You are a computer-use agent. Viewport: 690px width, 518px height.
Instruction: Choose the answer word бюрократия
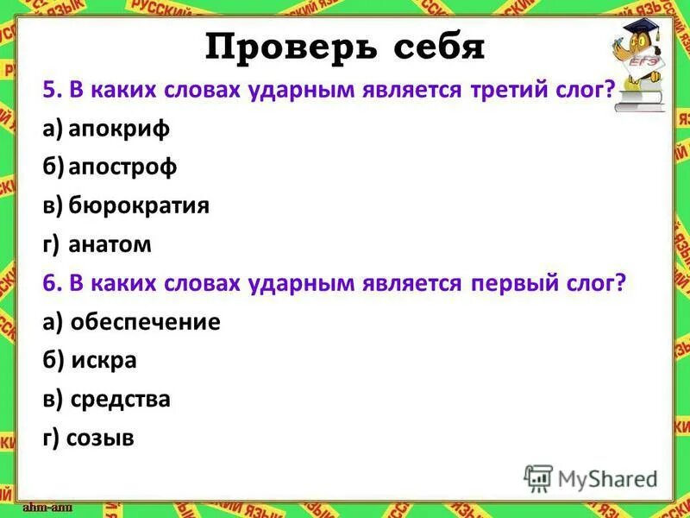pyautogui.click(x=139, y=205)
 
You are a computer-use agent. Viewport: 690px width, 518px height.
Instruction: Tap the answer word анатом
pyautogui.click(x=110, y=244)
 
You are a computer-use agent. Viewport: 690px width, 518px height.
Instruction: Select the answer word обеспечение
pyautogui.click(x=146, y=322)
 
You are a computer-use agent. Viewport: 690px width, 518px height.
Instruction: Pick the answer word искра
pyautogui.click(x=104, y=360)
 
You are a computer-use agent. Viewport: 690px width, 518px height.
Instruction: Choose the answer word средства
pyautogui.click(x=121, y=399)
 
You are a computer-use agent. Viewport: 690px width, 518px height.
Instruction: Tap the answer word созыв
pyautogui.click(x=102, y=438)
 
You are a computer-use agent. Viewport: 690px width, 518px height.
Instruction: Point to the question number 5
pyautogui.click(x=49, y=90)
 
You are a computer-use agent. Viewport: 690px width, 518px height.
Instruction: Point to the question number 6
pyautogui.click(x=49, y=283)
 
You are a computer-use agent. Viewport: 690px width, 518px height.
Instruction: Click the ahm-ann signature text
pyautogui.click(x=47, y=506)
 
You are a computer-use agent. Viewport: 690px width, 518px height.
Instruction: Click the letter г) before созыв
pyautogui.click(x=51, y=438)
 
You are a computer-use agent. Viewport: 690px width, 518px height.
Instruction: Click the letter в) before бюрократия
pyautogui.click(x=52, y=205)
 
